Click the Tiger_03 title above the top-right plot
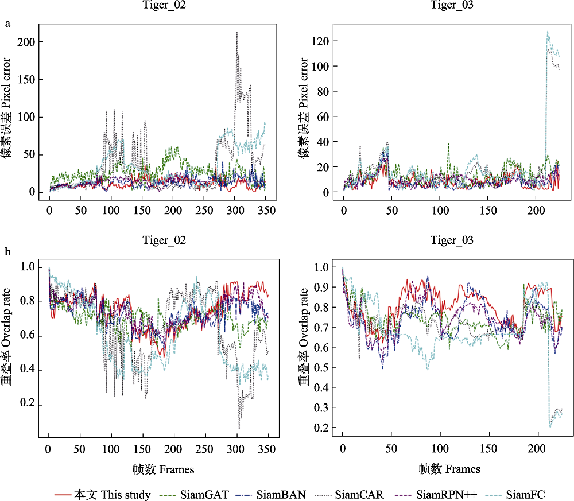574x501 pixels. tap(452, 6)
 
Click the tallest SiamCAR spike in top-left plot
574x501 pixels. tap(237, 33)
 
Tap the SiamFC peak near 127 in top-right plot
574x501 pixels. tap(547, 32)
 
